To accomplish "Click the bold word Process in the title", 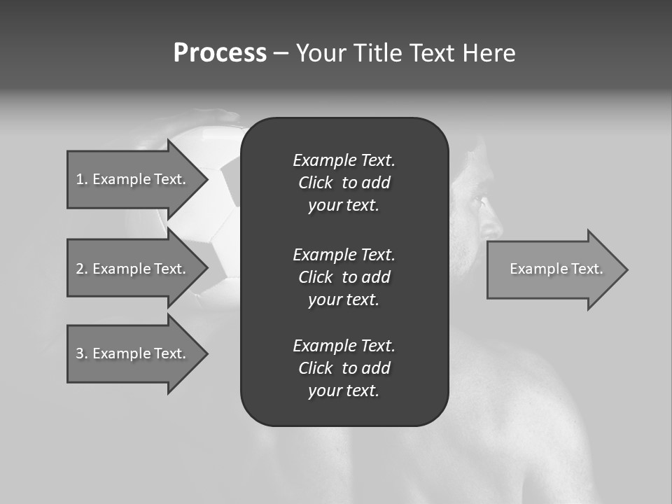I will [220, 53].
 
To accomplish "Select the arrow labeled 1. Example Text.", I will [131, 179].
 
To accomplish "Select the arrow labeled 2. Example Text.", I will [131, 269].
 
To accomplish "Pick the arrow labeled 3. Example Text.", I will [131, 353].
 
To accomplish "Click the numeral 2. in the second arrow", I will [81, 269].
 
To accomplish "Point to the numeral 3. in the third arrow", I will [81, 353].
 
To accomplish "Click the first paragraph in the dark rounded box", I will [344, 183].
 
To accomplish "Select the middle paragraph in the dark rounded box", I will [344, 276].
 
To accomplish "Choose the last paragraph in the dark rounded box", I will [344, 368].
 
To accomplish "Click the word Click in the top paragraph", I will [315, 183].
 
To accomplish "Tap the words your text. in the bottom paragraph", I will [344, 391].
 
